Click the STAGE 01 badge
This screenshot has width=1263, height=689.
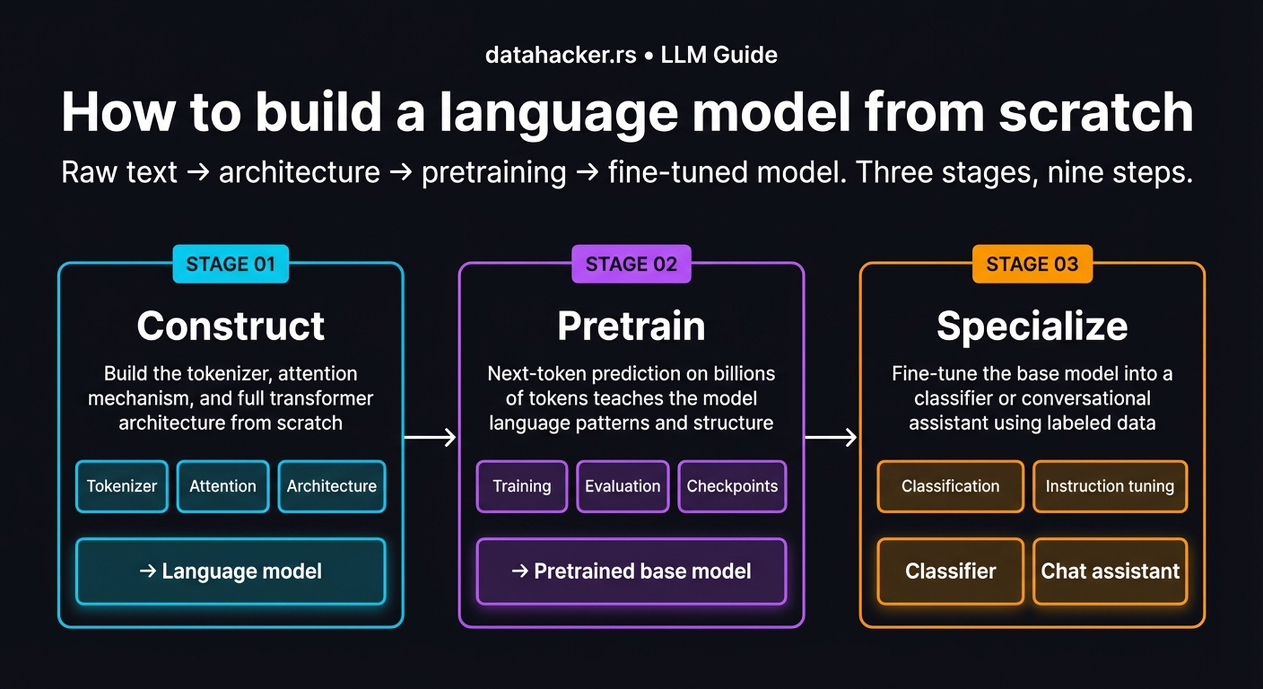pos(230,264)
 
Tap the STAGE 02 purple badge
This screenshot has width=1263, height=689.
pos(631,264)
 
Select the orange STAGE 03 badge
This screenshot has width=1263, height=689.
pos(1032,264)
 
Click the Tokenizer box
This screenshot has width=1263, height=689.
pos(121,486)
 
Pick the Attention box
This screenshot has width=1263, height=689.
pos(223,486)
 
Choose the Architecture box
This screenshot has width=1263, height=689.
pos(331,486)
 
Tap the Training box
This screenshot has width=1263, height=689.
pos(522,486)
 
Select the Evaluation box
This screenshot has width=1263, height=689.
pos(622,486)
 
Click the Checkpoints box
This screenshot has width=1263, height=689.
pos(732,486)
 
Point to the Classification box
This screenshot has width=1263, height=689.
pos(950,486)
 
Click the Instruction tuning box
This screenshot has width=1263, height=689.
pos(1109,486)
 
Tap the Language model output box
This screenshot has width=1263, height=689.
pos(231,571)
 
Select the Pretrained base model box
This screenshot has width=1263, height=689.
pos(631,571)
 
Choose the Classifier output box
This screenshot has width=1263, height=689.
pos(950,571)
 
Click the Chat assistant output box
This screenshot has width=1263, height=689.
pos(1109,571)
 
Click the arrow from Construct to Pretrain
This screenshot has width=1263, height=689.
pos(430,437)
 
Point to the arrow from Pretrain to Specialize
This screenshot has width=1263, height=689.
pos(831,437)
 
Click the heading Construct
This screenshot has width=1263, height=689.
pos(230,326)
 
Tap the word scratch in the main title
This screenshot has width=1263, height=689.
pos(1096,112)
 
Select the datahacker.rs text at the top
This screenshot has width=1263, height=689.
pos(561,55)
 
